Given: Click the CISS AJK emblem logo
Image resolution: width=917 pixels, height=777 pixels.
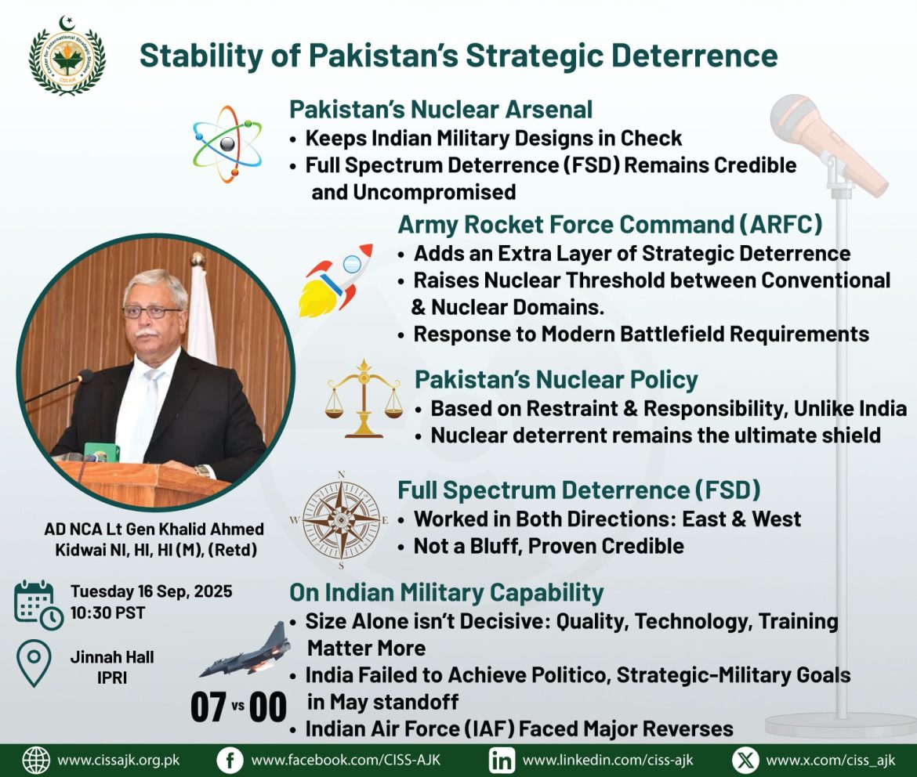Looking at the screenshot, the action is coord(67,56).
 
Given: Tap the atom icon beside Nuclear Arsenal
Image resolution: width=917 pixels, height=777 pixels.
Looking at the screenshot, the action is coord(227,144).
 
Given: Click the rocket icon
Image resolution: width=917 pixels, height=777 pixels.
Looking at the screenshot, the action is coord(335,280).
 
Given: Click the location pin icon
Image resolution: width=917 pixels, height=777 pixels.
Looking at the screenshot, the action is coord(34,663).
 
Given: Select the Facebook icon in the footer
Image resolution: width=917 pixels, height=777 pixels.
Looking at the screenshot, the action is coord(230,761).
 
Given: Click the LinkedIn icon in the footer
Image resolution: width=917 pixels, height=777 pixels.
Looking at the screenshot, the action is coord(501,761).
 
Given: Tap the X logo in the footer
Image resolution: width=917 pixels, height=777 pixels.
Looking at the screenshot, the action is coord(745,761).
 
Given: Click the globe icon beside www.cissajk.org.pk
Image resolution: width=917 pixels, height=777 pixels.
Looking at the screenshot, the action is coord(36,761).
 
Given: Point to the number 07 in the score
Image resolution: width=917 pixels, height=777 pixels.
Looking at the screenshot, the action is coord(208,707).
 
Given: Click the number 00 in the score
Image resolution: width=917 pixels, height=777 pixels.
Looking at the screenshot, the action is coord(268,707).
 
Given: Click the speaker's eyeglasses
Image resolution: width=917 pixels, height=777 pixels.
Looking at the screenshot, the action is coord(152,312).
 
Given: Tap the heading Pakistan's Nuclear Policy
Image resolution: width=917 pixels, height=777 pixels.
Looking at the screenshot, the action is coord(556,380).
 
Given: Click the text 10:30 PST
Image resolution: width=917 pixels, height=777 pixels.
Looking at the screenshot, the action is coord(107,613).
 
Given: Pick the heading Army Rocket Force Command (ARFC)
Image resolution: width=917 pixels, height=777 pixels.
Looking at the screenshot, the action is coord(610,225).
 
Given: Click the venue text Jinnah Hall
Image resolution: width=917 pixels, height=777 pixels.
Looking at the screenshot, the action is coord(112,657).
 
